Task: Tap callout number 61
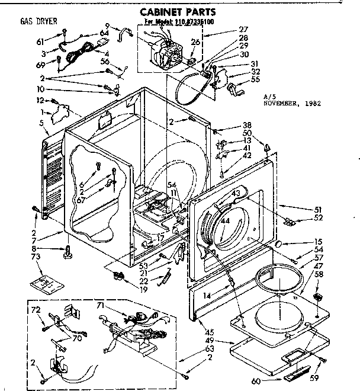pyautogui.click(x=41, y=41)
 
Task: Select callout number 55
pyautogui.click(x=256, y=79)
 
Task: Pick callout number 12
pyautogui.click(x=41, y=100)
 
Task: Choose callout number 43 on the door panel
pyautogui.click(x=235, y=193)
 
